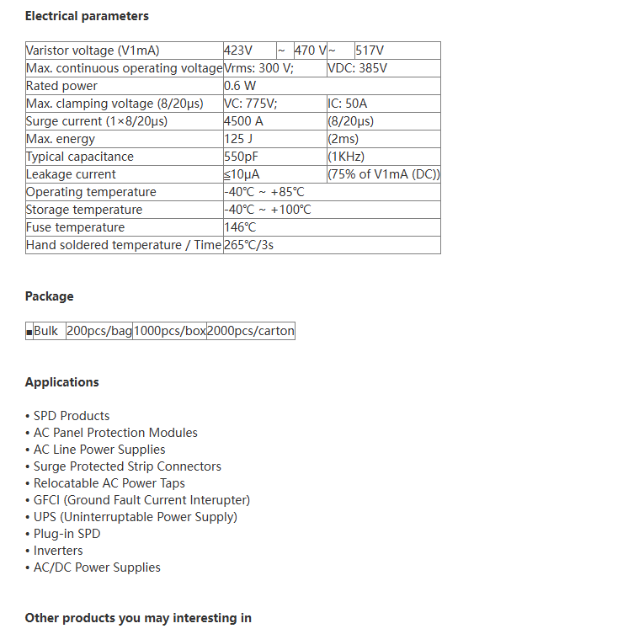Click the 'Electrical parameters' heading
click(x=87, y=16)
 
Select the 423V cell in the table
click(x=238, y=51)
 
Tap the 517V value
click(x=370, y=51)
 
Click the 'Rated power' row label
click(x=62, y=86)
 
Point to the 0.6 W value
click(x=240, y=86)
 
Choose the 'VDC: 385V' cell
click(x=357, y=68)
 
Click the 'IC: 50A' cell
click(x=348, y=104)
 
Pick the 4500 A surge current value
click(x=244, y=121)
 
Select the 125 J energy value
click(x=239, y=139)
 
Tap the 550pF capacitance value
click(x=242, y=157)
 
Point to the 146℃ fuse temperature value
click(x=240, y=227)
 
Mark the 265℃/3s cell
click(x=249, y=245)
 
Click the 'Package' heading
click(x=49, y=296)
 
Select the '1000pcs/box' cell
click(x=169, y=331)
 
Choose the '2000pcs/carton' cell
click(x=251, y=331)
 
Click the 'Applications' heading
click(x=61, y=382)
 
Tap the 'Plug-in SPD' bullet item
click(x=67, y=534)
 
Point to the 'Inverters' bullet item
click(x=58, y=551)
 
